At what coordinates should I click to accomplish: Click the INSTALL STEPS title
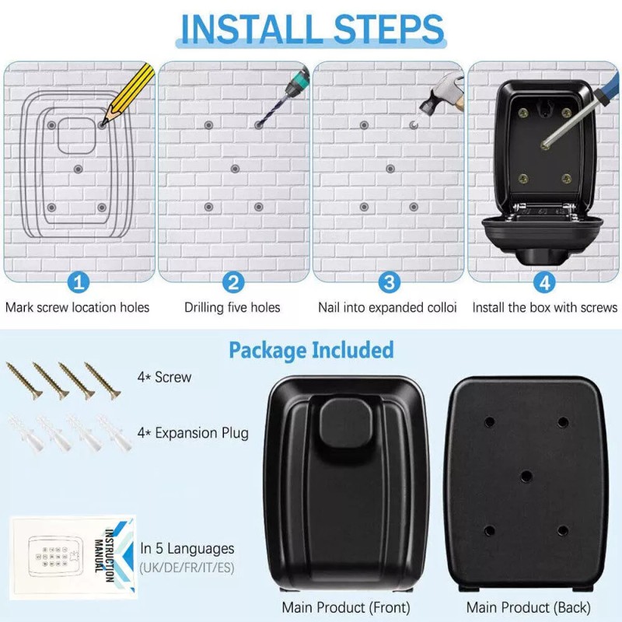click(311, 28)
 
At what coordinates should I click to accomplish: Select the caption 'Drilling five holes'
click(232, 307)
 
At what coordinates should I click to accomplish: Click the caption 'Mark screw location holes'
click(78, 307)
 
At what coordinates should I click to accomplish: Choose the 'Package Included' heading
click(311, 350)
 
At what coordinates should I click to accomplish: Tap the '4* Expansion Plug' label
click(192, 432)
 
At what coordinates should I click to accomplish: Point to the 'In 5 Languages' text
click(187, 549)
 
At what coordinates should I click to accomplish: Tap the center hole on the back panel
click(526, 475)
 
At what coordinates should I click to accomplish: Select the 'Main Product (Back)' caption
click(528, 607)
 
